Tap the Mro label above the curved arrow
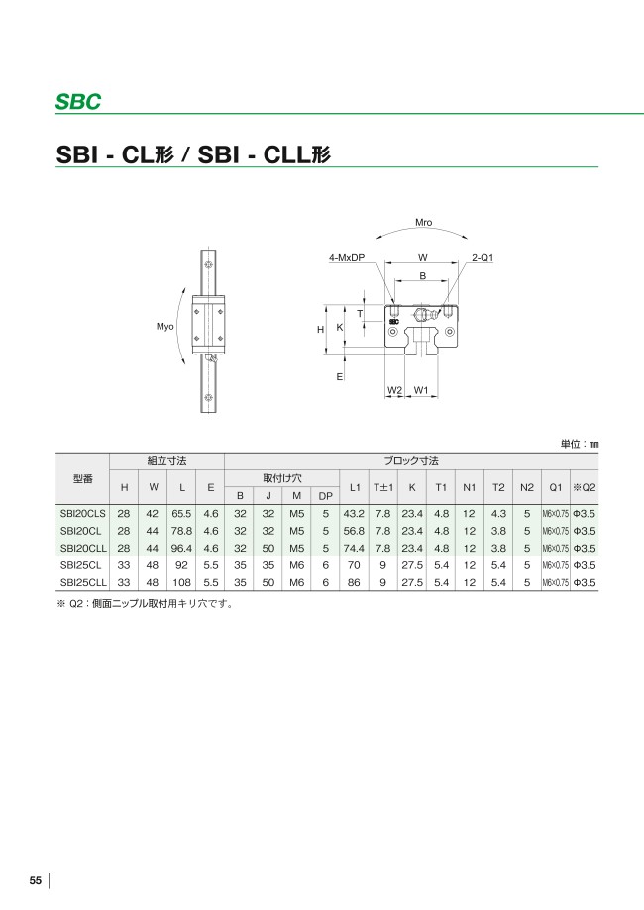tap(423, 224)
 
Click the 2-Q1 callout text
tap(483, 257)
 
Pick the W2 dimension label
tap(394, 390)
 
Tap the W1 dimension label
tap(421, 390)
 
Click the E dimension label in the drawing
tap(339, 376)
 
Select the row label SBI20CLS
tap(83, 514)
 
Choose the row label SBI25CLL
tap(83, 583)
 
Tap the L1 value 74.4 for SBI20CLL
tap(354, 549)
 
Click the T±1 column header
tap(383, 487)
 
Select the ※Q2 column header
tap(585, 487)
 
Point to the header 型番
tap(83, 478)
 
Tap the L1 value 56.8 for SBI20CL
tap(354, 532)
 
